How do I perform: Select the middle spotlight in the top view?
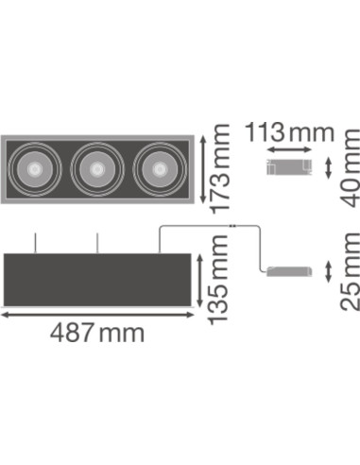click(96, 169)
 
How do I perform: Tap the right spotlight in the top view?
click(155, 169)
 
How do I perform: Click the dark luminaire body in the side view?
click(99, 279)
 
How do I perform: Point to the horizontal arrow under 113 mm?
click(289, 149)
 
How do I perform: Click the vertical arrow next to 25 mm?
click(327, 272)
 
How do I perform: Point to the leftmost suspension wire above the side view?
click(37, 242)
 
